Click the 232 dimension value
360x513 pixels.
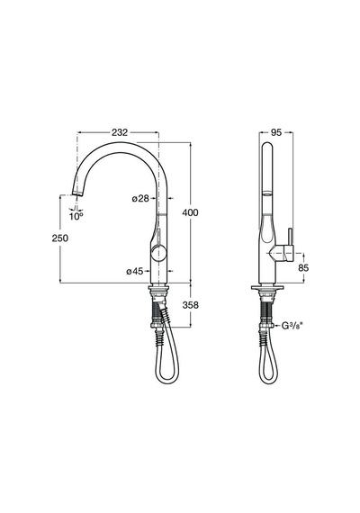[120, 132]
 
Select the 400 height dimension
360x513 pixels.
[190, 212]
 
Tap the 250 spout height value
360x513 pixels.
[60, 238]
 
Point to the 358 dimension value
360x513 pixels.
[191, 305]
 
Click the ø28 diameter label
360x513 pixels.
[140, 198]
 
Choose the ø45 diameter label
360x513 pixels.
[135, 271]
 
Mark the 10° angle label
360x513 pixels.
[76, 216]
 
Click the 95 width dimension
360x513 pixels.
[276, 132]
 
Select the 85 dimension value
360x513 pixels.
[303, 267]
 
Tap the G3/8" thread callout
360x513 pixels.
[291, 326]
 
